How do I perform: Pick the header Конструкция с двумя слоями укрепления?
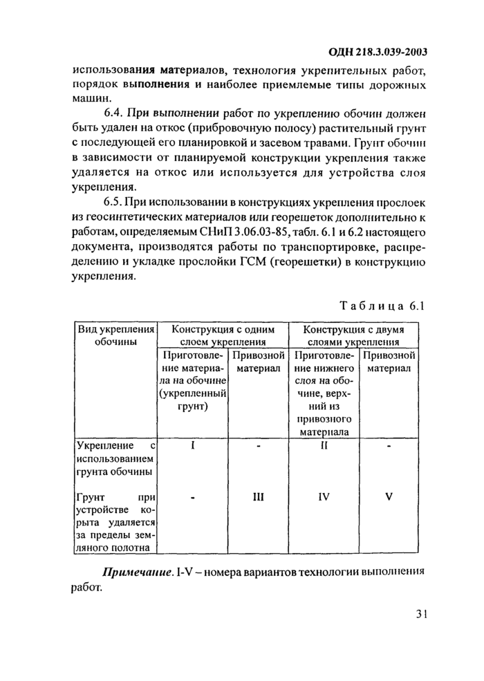click(354, 335)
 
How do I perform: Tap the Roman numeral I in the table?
click(193, 446)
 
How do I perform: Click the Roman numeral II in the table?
click(324, 446)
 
